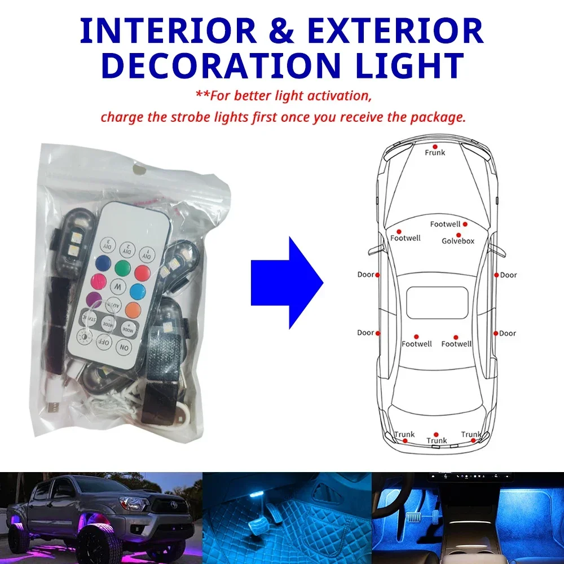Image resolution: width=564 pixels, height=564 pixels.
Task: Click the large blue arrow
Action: click(x=288, y=282)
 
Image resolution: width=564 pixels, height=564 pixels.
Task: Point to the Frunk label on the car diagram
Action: click(x=435, y=152)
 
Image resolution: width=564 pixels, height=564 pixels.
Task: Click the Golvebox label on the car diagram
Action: click(x=457, y=241)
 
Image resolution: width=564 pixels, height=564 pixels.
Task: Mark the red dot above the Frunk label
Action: click(x=435, y=146)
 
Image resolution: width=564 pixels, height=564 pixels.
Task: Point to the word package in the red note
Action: click(x=436, y=117)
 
